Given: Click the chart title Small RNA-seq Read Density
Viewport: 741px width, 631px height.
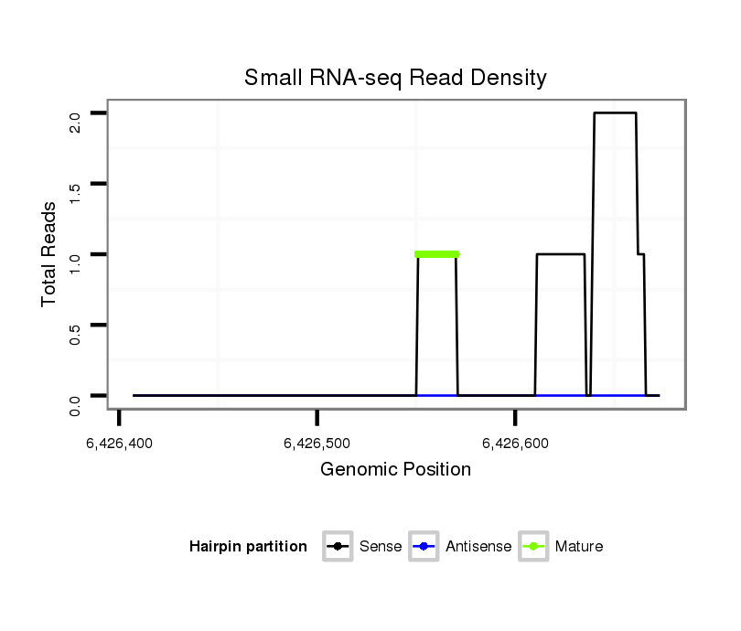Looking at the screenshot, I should (x=395, y=78).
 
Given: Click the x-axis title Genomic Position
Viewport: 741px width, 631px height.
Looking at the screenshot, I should (x=395, y=470).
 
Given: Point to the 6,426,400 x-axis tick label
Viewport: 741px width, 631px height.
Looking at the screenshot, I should (x=120, y=444).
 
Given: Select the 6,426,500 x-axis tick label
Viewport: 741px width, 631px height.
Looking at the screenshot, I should (x=317, y=444).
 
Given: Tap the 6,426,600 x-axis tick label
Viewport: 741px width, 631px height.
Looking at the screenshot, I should (x=516, y=444).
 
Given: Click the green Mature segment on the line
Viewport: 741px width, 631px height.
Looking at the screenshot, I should (x=436, y=254).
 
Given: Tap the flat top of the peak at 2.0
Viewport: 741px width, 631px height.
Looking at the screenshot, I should (x=615, y=112).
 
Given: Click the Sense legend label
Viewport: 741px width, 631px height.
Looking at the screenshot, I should (x=381, y=547).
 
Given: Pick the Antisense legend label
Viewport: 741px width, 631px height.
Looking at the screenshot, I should (x=478, y=547).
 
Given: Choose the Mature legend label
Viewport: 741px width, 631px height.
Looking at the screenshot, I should (x=579, y=547).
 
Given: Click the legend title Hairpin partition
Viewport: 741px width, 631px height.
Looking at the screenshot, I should (x=248, y=547).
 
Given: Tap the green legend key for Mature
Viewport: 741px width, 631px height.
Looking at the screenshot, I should (x=533, y=547).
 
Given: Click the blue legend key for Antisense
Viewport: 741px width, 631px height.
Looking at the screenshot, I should (x=425, y=547).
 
